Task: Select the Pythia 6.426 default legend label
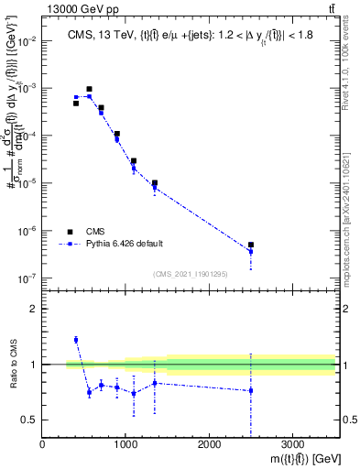125,244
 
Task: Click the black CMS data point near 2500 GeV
251,245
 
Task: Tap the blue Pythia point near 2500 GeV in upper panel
251,252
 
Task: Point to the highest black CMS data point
89,90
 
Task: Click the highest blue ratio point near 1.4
76,340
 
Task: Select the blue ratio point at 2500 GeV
251,390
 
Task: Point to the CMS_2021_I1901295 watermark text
190,274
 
